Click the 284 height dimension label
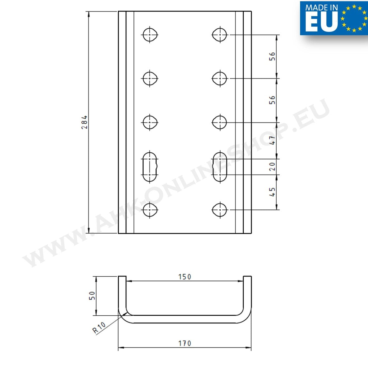pos(84,122)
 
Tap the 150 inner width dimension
pos(184,277)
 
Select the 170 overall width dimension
pos(184,343)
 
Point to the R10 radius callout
pos(99,328)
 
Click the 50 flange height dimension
pos(93,295)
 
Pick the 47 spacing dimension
pos(272,141)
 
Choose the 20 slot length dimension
pos(272,166)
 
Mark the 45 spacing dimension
pos(272,192)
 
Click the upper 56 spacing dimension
pos(272,56)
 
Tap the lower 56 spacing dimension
pos(272,100)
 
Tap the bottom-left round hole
pos(150,210)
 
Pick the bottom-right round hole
pos(220,210)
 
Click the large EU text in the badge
pos(321,23)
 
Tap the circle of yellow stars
pos(355,18)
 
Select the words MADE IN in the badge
pos(321,8)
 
